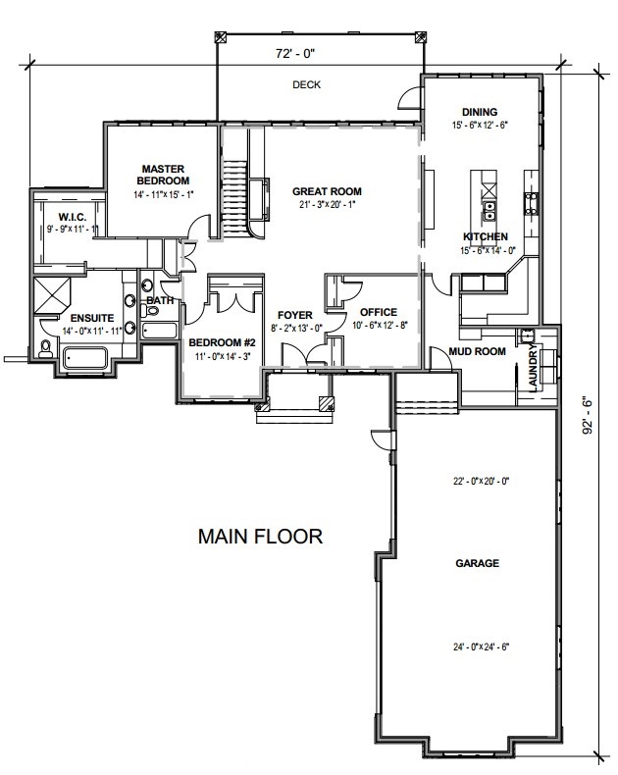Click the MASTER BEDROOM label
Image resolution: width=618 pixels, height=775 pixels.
click(x=163, y=175)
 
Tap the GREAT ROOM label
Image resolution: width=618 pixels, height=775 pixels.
click(x=327, y=191)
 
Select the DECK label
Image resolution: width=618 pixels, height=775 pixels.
click(x=306, y=84)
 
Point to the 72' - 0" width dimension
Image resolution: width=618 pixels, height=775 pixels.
click(x=295, y=53)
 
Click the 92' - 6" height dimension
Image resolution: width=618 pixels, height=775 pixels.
click(x=587, y=415)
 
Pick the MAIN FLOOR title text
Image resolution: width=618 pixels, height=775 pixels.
click(x=261, y=537)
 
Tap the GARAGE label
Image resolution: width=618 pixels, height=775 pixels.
click(x=477, y=563)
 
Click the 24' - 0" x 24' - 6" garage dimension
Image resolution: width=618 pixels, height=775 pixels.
click(x=481, y=646)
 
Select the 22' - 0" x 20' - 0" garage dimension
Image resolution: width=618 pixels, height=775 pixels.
click(x=481, y=481)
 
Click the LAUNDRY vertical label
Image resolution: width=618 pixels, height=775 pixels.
click(x=533, y=368)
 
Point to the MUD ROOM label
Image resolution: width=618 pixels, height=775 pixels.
click(x=477, y=351)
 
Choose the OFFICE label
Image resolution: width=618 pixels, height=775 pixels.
click(x=379, y=312)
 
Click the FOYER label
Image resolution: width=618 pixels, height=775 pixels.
click(x=295, y=315)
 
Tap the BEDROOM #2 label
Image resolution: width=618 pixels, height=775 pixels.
click(x=222, y=342)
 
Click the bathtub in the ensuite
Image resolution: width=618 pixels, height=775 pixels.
click(x=85, y=358)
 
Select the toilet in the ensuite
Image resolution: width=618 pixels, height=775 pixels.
click(x=45, y=349)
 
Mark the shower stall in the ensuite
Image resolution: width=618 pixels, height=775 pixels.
click(x=52, y=295)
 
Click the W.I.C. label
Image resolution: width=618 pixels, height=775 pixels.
click(x=73, y=217)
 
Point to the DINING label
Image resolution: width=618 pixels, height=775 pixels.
click(x=480, y=112)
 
